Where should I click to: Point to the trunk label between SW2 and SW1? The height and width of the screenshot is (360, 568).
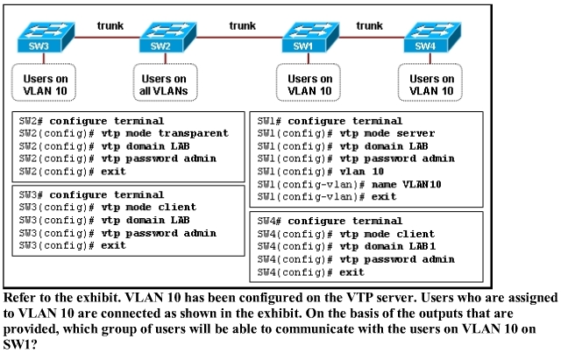click(x=242, y=25)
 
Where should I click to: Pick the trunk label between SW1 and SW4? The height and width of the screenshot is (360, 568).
click(x=369, y=25)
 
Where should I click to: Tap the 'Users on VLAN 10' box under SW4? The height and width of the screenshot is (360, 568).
click(x=430, y=85)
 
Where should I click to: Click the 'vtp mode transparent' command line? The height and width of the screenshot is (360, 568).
click(x=123, y=133)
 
